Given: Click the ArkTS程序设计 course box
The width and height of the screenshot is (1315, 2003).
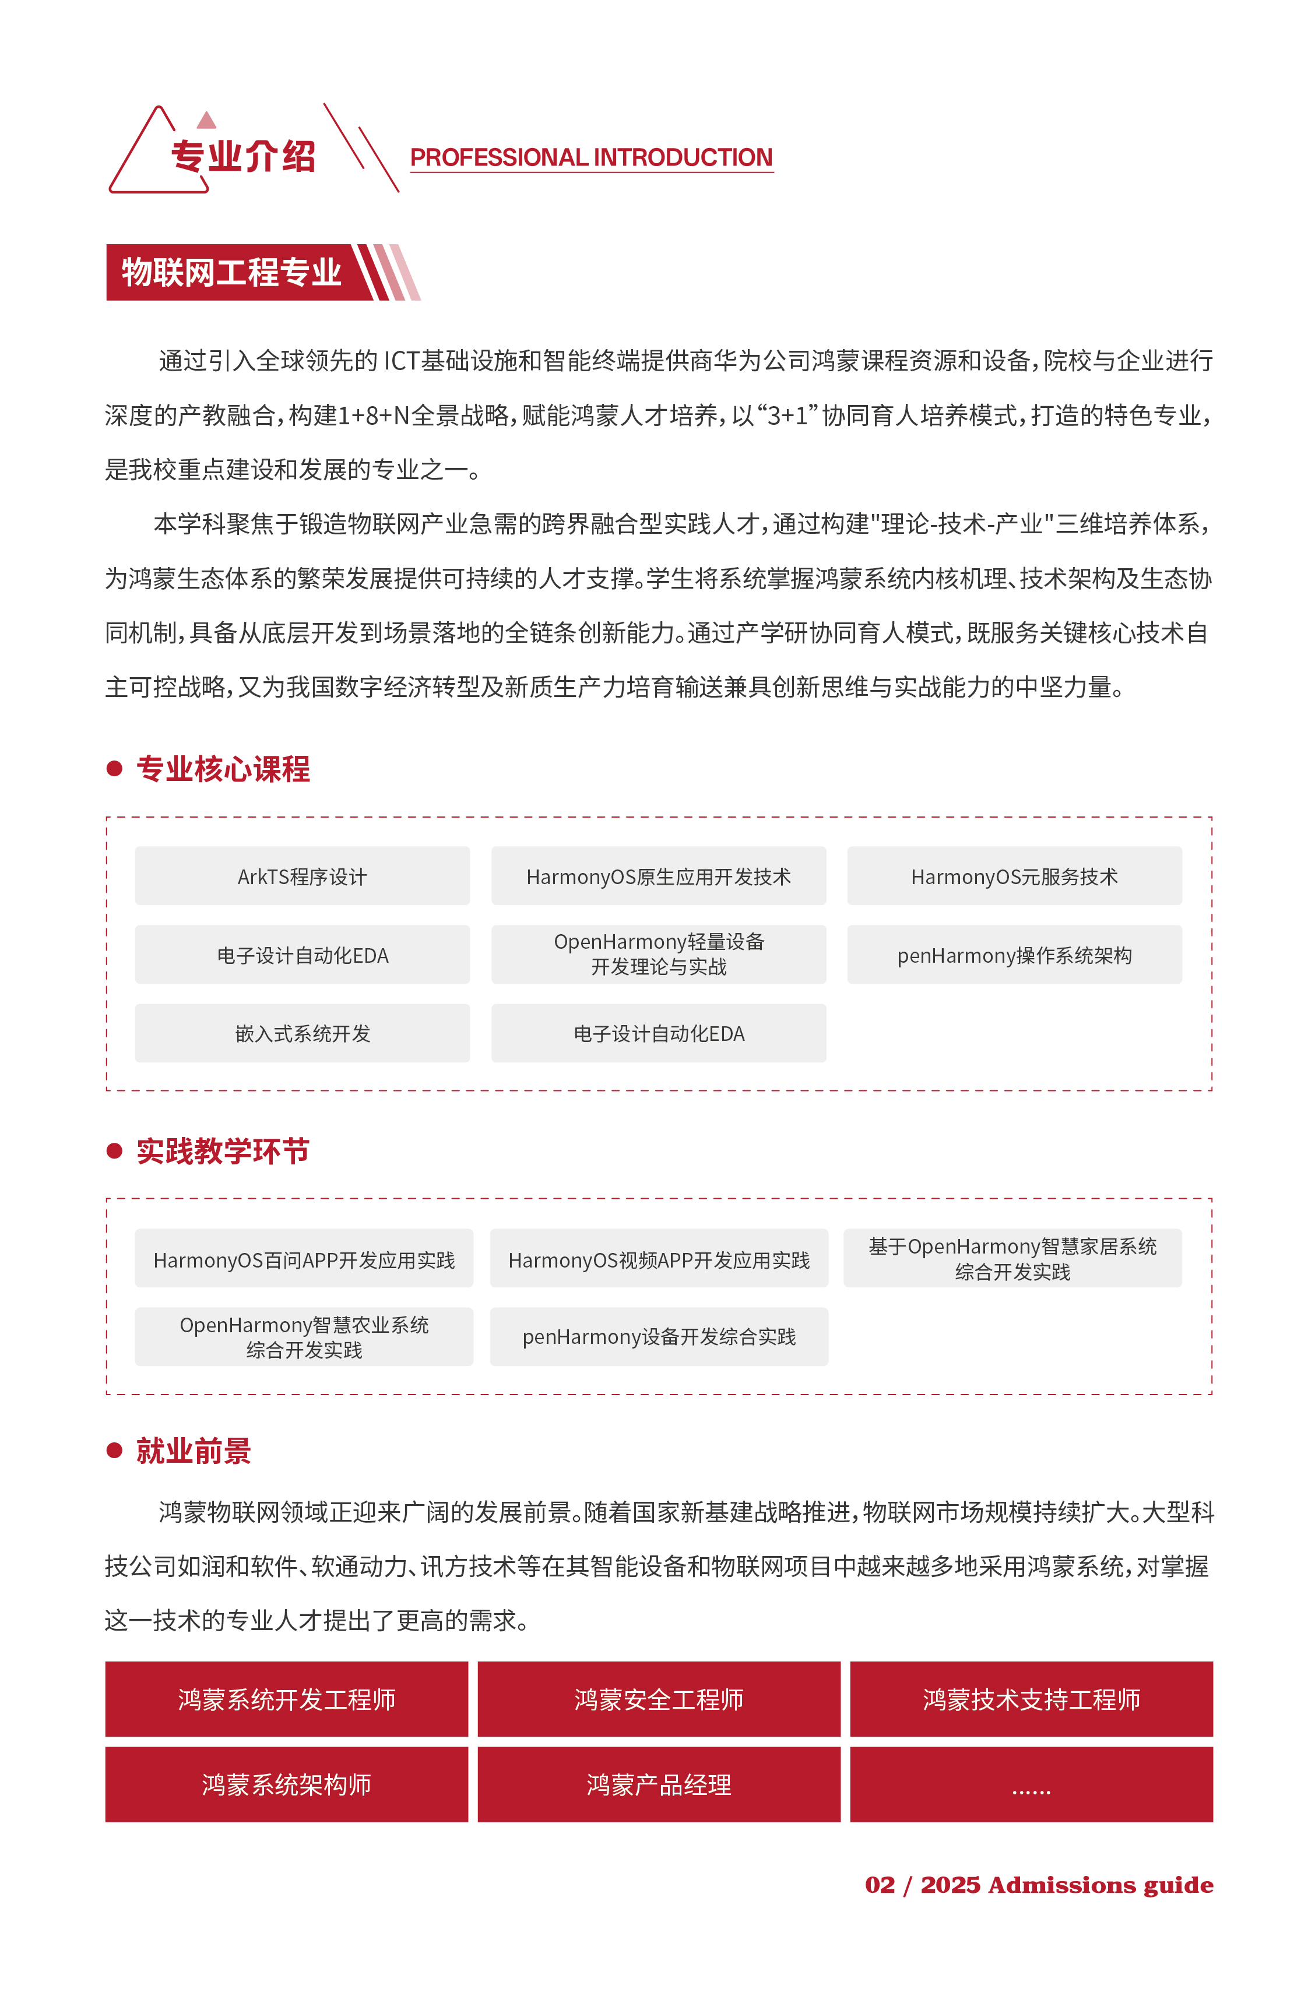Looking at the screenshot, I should point(303,876).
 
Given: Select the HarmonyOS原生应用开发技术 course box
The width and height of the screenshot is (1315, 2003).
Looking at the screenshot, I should point(658,876).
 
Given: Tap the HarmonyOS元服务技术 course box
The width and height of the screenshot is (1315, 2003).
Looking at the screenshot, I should point(1014,876).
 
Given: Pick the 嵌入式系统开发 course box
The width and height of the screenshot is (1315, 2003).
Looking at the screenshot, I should point(303,1033).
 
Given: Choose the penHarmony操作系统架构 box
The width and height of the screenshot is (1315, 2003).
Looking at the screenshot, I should point(1014,955).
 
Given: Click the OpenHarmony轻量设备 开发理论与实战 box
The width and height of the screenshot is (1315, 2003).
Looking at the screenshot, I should point(658,955).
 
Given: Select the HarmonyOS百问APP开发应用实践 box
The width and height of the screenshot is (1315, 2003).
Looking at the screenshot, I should point(304,1259).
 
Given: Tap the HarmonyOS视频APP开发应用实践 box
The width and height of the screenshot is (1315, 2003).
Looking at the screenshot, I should point(658,1259).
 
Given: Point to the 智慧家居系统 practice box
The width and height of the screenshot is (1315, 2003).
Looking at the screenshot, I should point(1012,1258).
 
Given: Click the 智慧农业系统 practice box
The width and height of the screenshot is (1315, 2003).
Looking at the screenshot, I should point(304,1336).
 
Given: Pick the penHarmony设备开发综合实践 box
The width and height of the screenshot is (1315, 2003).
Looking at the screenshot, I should point(658,1336).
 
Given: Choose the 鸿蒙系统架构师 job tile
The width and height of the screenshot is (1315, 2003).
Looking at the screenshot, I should point(286,1784).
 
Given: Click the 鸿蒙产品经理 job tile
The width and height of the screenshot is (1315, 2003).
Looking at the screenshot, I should point(658,1784).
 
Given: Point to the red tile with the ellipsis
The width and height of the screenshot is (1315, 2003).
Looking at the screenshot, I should point(1031,1784).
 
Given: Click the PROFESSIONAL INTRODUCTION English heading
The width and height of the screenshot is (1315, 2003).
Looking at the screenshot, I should point(591,157).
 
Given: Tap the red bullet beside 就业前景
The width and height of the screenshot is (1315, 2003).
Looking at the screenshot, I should point(114,1449).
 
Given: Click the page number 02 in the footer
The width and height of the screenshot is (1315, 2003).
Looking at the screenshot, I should point(879,1885).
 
